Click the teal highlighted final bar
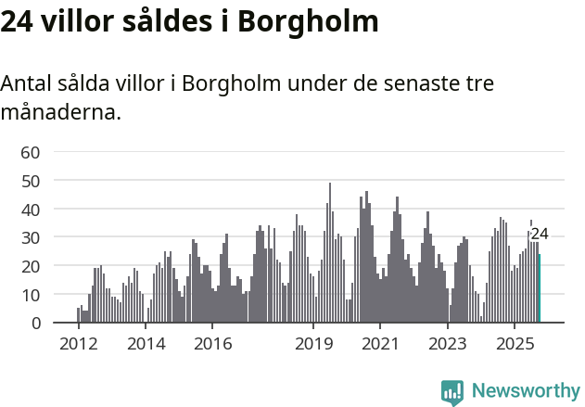[x=540, y=288]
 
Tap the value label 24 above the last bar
[x=540, y=235]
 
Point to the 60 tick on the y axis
[x=31, y=152]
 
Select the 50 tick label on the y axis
[x=31, y=181]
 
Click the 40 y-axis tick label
[x=31, y=210]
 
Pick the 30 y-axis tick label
[x=31, y=237]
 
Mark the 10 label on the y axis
[x=31, y=295]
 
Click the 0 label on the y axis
[x=35, y=324]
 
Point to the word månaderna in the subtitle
[x=60, y=113]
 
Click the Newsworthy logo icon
[x=452, y=391]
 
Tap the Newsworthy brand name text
[x=526, y=391]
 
